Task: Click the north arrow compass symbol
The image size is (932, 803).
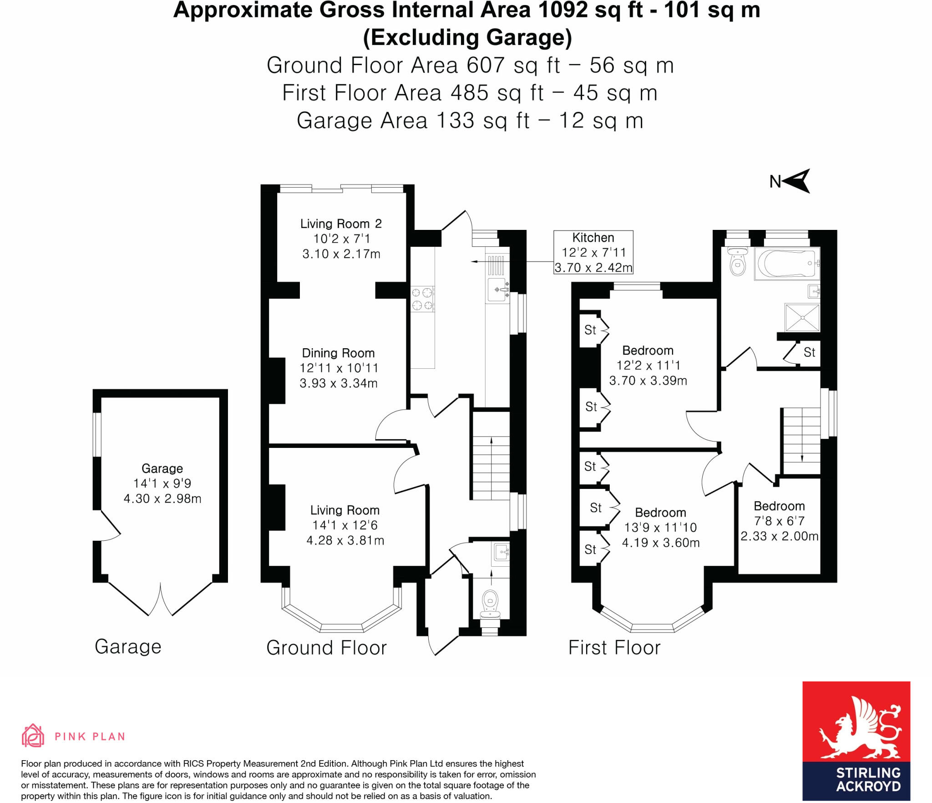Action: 796,181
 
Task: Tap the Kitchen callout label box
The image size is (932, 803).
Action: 593,252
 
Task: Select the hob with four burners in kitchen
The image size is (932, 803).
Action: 422,299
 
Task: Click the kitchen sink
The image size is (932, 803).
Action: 498,290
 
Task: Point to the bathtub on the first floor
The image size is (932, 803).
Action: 786,264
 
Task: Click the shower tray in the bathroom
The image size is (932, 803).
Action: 802,317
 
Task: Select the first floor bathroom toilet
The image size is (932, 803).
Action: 737,263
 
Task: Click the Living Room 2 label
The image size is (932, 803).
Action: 341,224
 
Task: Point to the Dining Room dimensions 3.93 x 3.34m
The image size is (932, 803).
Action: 339,383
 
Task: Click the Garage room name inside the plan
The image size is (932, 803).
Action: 162,468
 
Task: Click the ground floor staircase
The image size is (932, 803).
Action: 491,455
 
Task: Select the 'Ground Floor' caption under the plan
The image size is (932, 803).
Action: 326,647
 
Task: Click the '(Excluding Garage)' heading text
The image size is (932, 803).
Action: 467,37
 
